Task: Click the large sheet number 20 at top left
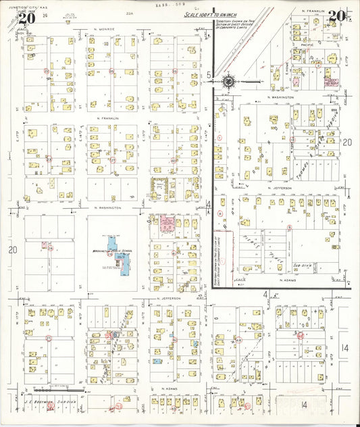click(x=26, y=18)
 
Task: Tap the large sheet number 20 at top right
click(x=337, y=16)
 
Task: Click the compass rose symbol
click(x=228, y=82)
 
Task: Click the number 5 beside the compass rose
click(x=210, y=74)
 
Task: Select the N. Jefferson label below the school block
click(x=166, y=299)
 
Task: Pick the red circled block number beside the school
click(x=109, y=253)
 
